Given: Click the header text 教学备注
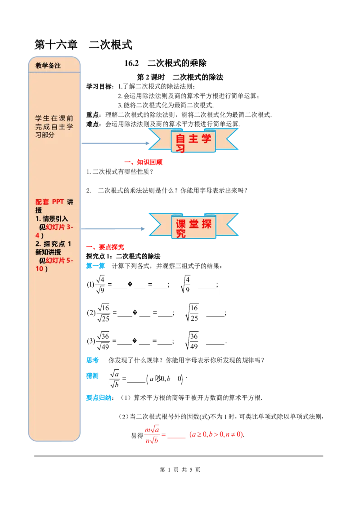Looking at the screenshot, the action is [48, 66].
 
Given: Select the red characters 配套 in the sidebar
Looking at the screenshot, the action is [42, 201].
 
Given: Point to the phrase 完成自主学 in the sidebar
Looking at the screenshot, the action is [54, 126].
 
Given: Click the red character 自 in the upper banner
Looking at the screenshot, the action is [180, 138].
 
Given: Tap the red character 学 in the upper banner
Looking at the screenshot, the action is [206, 138].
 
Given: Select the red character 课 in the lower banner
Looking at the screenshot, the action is [180, 224].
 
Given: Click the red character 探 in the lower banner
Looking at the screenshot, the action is [206, 224].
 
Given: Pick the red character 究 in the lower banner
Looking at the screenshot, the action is [180, 234].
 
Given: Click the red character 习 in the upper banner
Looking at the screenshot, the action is [180, 148].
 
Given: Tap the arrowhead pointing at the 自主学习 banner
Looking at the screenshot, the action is [151, 143].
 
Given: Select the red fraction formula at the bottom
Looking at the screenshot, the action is [152, 435].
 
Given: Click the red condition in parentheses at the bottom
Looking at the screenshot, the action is [216, 435].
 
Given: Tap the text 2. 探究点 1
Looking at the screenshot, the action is [53, 244].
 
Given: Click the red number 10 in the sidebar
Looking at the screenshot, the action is [40, 269].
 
